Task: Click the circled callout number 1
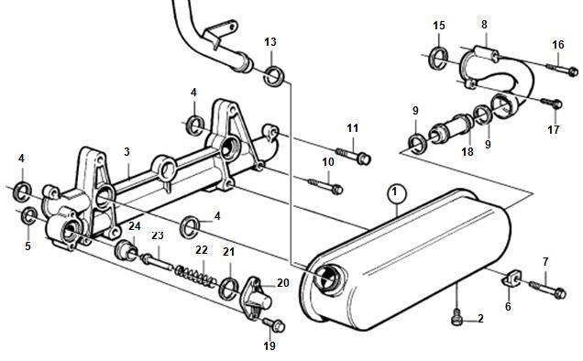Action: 397,193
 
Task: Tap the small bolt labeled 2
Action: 456,319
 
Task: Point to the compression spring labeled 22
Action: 195,276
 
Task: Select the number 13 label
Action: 270,41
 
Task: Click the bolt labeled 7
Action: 547,290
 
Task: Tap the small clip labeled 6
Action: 512,278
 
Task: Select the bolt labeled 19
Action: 274,324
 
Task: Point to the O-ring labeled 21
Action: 229,288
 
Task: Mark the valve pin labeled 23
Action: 157,261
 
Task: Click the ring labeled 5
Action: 29,217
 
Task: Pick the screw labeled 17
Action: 551,103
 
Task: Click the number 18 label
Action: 467,152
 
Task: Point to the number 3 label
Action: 126,152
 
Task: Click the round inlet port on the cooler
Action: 327,279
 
